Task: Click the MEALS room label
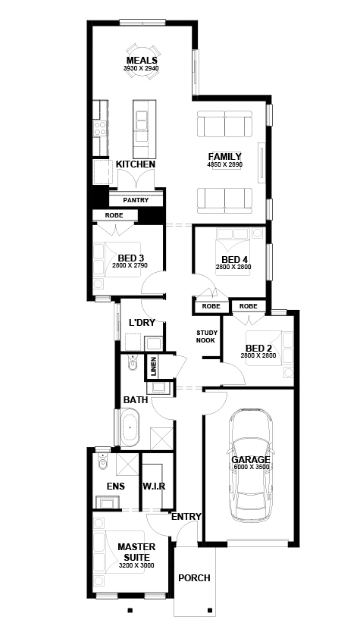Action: click(x=141, y=61)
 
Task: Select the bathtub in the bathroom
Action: click(x=130, y=428)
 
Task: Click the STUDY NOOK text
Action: click(x=206, y=336)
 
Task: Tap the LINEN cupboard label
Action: click(x=153, y=366)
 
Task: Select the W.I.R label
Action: click(x=154, y=486)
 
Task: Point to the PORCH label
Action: click(x=194, y=578)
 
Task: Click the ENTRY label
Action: click(x=186, y=517)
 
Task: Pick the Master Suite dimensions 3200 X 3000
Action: click(x=136, y=566)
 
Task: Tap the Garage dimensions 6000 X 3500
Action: click(x=250, y=468)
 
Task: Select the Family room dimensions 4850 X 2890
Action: click(x=225, y=164)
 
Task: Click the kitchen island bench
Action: click(x=142, y=124)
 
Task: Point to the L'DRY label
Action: click(x=142, y=323)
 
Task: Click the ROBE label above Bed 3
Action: click(x=103, y=215)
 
